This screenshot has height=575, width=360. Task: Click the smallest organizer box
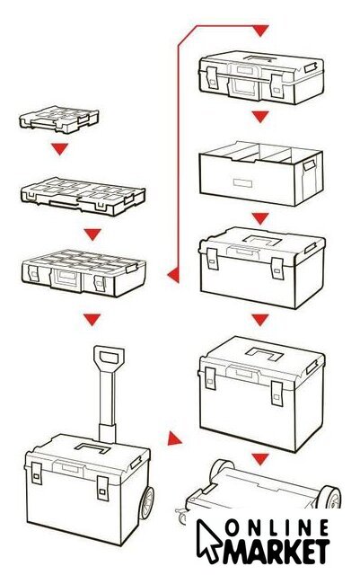pos(59,119)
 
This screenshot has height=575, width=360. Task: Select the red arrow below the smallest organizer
pos(59,148)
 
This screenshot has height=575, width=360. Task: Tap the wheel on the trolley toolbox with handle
pos(146,503)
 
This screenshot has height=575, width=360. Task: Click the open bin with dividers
pos(261,172)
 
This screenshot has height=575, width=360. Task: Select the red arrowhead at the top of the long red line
pos(260,31)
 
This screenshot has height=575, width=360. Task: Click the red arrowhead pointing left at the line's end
pos(174,275)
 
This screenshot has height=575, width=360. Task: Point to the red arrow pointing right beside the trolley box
pos(174,438)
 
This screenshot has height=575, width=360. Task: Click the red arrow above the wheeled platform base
pos(260,458)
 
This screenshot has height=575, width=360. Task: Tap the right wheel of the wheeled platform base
pos(329,497)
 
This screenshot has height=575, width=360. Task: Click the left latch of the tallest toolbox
pos(210,378)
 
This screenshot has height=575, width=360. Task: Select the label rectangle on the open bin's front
pos(242,182)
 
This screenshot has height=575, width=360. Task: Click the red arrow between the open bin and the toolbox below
pos(260,218)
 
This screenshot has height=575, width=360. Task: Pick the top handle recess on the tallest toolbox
pos(264,354)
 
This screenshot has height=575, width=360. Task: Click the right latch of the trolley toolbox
pos(102,488)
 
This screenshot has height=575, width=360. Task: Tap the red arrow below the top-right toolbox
pos(260,117)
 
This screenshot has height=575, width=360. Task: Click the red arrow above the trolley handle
pos(92,320)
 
